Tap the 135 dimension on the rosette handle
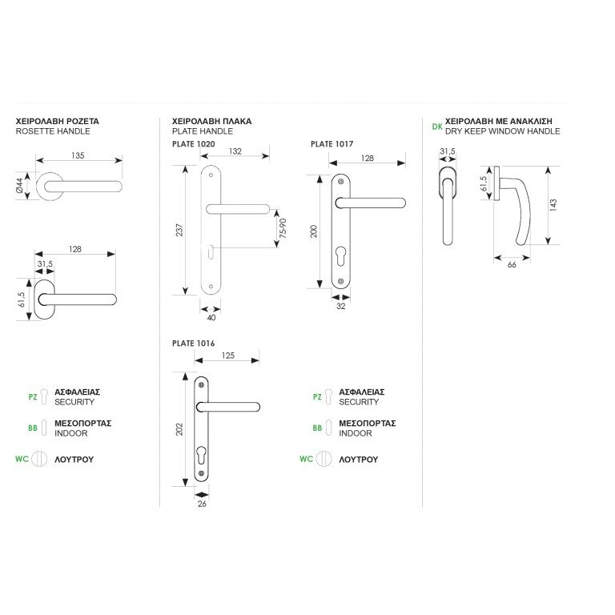click(x=78, y=156)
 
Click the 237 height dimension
click(x=179, y=230)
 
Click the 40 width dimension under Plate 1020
click(x=211, y=318)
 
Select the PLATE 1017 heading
click(x=332, y=143)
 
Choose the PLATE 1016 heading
click(x=193, y=343)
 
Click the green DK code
click(x=436, y=127)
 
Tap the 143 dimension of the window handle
click(x=553, y=204)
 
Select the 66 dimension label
click(x=512, y=265)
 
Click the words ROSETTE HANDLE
click(x=53, y=131)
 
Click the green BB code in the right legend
click(x=318, y=428)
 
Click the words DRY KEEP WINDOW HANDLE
click(x=502, y=131)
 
